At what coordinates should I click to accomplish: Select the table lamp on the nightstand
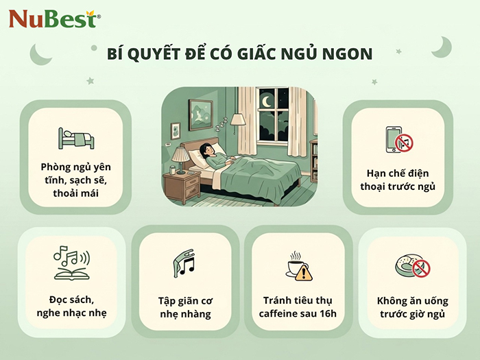[182, 159]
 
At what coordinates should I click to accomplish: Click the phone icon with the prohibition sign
[399, 140]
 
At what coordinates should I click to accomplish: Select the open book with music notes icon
[71, 263]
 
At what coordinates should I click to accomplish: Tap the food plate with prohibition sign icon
[411, 265]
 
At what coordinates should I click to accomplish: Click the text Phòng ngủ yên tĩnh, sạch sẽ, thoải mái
[75, 180]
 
